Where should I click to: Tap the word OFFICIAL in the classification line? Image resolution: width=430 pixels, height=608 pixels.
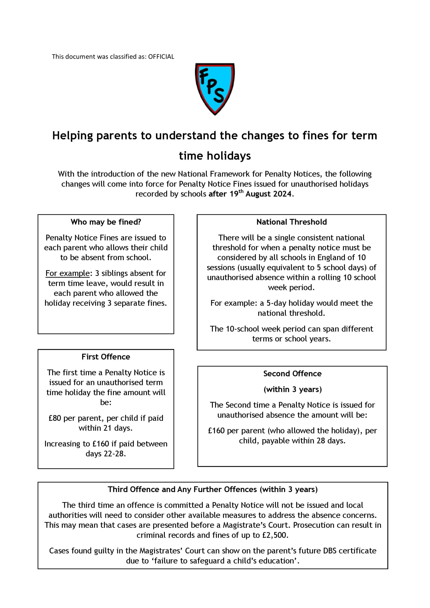point(161,57)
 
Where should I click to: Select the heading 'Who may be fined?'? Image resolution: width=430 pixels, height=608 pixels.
point(106,222)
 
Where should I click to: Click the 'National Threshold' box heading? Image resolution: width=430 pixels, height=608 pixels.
point(292,222)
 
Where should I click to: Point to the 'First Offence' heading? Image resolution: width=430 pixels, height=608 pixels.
point(106,357)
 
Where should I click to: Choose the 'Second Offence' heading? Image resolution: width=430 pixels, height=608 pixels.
point(292,374)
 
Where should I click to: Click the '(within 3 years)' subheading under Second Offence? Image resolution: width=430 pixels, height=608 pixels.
point(292,389)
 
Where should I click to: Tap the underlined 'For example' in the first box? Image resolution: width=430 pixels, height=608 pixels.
point(67,273)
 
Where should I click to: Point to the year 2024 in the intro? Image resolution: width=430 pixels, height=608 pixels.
point(282,194)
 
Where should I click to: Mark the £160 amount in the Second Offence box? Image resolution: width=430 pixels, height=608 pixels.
point(216,431)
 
